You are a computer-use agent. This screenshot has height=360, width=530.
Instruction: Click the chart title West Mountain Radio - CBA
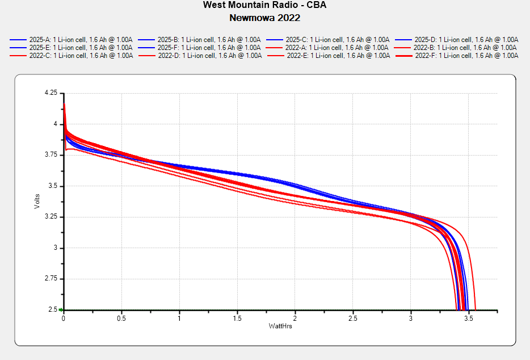point(264,5)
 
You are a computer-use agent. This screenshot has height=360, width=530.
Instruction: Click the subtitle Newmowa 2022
point(264,18)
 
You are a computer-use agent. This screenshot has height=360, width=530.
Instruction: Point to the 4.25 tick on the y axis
point(51,93)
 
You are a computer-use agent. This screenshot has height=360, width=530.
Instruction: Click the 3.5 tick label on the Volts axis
point(53,186)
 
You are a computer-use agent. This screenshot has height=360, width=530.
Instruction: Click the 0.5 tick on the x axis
point(121,319)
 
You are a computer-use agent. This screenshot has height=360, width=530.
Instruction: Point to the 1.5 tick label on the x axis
point(237,319)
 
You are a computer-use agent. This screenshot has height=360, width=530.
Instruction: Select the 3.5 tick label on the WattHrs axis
point(469,319)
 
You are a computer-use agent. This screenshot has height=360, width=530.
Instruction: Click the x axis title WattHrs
point(280,326)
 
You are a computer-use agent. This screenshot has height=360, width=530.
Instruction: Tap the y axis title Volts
point(37,202)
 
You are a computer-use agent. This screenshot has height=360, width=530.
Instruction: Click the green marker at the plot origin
point(60,310)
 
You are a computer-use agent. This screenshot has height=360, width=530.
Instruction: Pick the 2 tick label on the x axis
point(295,319)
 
